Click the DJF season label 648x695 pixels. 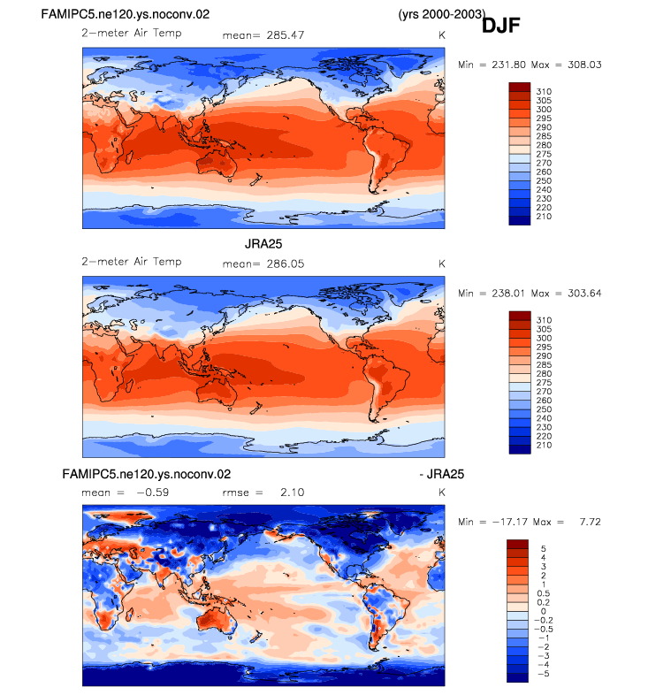pos(500,26)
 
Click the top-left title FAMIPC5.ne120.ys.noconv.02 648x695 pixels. pos(125,14)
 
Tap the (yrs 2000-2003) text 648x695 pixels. pos(442,14)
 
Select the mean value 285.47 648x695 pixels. pos(286,35)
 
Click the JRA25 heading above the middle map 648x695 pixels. pos(263,244)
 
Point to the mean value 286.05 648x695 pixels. pos(286,263)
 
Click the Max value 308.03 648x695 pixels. pos(584,65)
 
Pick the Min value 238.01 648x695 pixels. pos(508,294)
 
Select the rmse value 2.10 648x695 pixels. pos(292,493)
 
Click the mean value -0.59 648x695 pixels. pos(152,493)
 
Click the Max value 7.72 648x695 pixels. pos(590,523)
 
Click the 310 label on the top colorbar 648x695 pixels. pos(544,92)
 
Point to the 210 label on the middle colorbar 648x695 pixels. pos(544,445)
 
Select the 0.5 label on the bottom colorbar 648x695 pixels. pos(544,593)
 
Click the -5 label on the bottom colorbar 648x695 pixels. pos(544,674)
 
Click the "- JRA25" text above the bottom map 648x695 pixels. pos(441,474)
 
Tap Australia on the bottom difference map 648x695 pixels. pos(217,621)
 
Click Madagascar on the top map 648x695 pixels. pos(129,157)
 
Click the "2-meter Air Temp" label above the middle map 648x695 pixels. pos(132,262)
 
